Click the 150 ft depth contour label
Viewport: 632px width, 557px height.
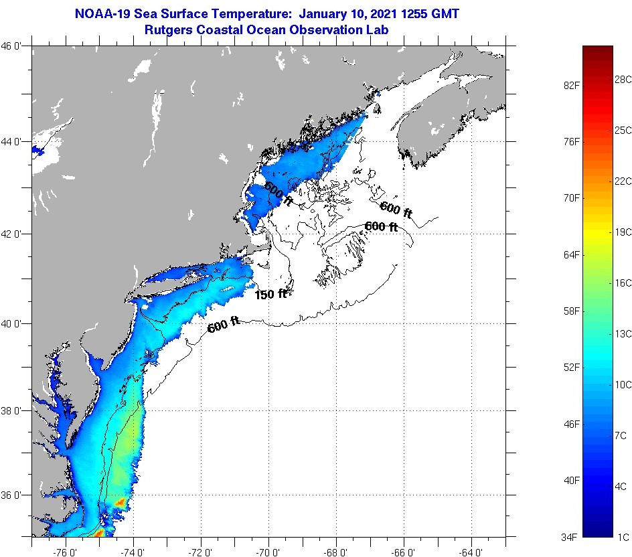click(270, 293)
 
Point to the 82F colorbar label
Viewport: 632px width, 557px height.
click(572, 86)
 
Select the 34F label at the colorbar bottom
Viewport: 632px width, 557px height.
click(572, 537)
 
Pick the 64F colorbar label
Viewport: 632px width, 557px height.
click(572, 255)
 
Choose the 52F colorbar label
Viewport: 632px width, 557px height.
click(572, 368)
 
